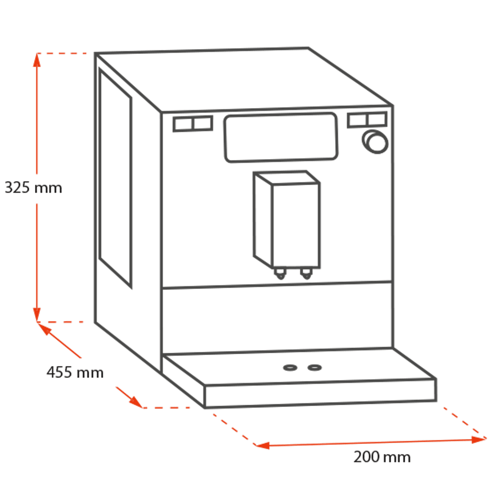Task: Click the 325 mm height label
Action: [33, 188]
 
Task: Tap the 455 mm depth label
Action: [75, 372]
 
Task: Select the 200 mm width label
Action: [382, 457]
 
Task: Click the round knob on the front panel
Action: [375, 140]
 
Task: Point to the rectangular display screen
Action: [281, 138]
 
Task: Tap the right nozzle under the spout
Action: [306, 273]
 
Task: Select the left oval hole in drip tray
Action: [290, 367]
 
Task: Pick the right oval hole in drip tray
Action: [314, 367]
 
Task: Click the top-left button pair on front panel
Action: [193, 124]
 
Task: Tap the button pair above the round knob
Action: [367, 120]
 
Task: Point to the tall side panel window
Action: [115, 177]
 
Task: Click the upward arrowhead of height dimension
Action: [37, 59]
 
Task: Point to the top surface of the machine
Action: [246, 78]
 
